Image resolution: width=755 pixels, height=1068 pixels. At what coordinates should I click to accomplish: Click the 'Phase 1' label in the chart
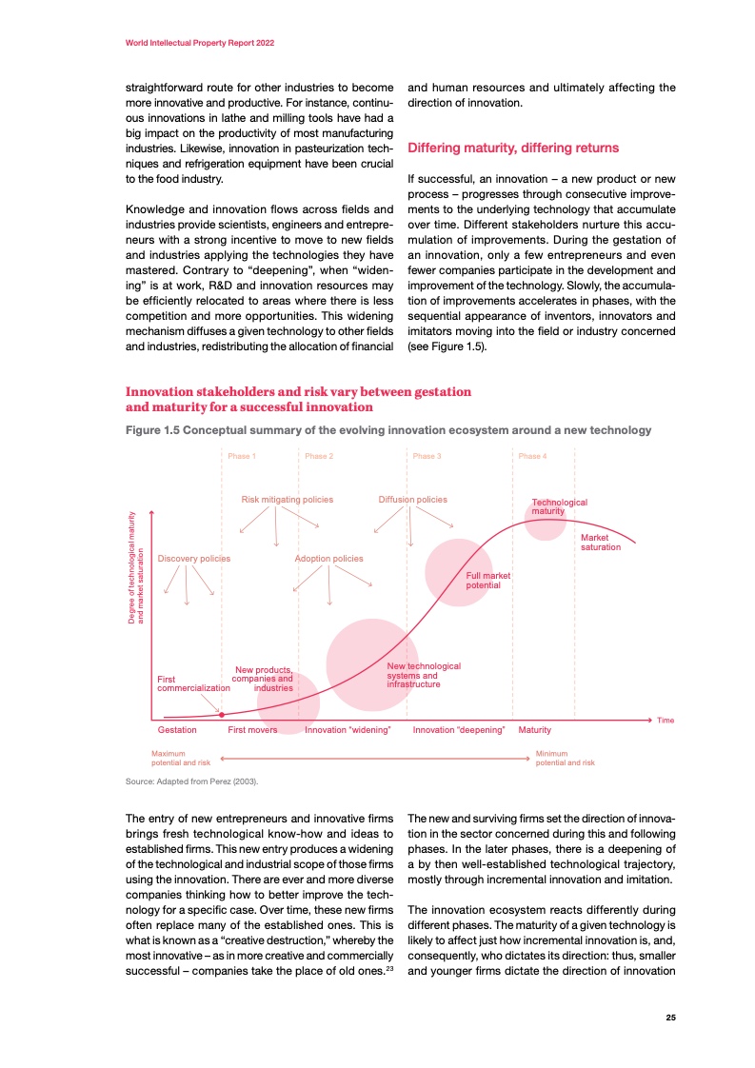[240, 456]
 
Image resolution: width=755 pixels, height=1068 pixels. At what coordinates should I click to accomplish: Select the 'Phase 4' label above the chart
[532, 456]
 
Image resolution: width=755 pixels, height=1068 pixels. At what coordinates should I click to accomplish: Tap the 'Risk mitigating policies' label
[287, 499]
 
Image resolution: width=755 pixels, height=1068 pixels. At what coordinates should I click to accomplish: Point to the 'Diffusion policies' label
[412, 499]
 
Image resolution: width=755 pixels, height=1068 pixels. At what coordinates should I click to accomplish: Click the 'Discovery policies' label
[194, 558]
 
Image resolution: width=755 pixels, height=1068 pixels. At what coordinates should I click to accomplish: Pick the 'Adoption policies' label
[328, 558]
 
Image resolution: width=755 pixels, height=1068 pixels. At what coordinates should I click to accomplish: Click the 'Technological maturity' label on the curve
[559, 506]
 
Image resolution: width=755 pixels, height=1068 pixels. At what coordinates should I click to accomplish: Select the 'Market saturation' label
[600, 543]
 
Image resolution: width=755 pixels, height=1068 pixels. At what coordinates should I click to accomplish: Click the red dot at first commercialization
[222, 714]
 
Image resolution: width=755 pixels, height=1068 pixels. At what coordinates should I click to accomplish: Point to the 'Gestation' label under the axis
[177, 730]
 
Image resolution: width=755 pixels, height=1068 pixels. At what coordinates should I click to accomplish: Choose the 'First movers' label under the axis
[252, 730]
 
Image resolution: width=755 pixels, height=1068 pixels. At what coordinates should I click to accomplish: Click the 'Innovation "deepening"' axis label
[458, 730]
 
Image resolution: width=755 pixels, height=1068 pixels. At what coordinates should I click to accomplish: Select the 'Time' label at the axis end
[666, 720]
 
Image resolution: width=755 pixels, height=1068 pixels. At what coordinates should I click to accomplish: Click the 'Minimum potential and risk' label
[566, 759]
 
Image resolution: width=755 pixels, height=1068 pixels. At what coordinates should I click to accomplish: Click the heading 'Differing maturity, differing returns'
[513, 148]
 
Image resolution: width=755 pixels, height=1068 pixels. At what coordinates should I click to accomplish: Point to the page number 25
[670, 1018]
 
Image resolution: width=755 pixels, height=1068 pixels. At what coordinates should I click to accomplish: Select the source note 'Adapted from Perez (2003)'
[192, 781]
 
